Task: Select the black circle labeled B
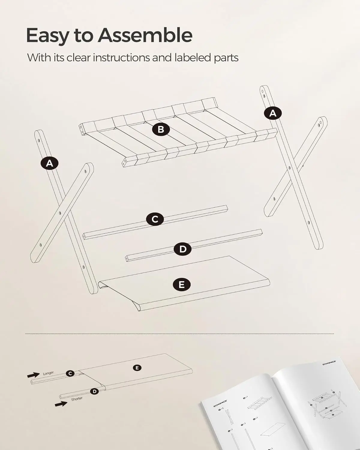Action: click(161, 129)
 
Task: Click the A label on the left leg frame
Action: click(49, 163)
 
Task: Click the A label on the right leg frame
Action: click(273, 113)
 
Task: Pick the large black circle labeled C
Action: click(155, 219)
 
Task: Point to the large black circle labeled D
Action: click(183, 249)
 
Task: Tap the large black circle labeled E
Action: click(182, 284)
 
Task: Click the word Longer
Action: click(48, 373)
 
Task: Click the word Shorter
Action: click(77, 399)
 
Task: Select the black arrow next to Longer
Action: click(33, 375)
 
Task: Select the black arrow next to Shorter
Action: click(61, 404)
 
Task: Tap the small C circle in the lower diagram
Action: click(70, 373)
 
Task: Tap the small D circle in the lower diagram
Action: click(95, 391)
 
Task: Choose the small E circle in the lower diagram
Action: click(137, 367)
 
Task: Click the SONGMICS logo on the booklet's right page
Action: click(329, 363)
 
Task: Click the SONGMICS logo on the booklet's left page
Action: click(220, 403)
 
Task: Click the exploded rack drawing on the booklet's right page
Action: click(324, 405)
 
